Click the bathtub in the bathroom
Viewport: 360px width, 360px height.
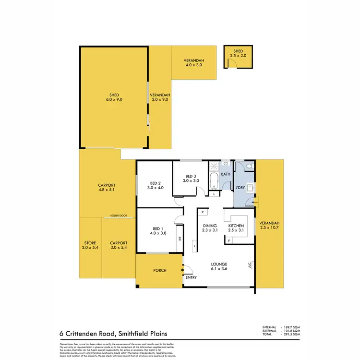[214, 181]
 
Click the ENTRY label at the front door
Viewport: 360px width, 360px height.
[191, 277]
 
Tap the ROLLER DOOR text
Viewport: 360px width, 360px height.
[118, 216]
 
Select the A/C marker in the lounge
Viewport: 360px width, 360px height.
[250, 264]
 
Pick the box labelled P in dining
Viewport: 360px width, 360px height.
[203, 212]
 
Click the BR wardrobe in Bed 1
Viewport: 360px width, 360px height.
[180, 239]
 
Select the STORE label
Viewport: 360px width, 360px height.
[90, 243]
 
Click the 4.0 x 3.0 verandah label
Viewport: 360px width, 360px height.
[194, 65]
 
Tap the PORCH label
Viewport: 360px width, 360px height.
[159, 270]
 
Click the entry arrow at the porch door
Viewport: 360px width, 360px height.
[182, 270]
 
